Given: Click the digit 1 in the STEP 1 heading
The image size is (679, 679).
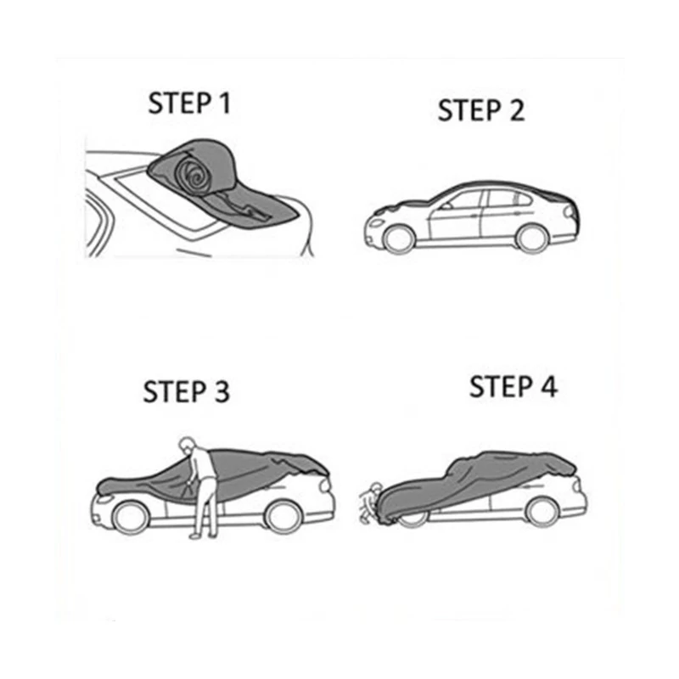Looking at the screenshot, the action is [224, 103].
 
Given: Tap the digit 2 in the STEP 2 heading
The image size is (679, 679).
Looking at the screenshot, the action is [517, 110].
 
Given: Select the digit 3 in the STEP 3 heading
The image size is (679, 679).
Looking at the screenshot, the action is [222, 391].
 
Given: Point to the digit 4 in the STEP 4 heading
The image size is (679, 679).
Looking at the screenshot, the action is [549, 387].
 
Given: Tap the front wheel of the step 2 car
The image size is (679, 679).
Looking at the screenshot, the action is [398, 240].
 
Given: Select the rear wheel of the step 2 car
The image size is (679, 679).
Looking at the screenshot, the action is [532, 238].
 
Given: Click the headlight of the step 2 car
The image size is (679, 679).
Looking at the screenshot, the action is [375, 223].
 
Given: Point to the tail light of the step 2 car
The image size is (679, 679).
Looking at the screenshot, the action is [570, 213].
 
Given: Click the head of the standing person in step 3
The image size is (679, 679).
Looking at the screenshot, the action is [187, 445].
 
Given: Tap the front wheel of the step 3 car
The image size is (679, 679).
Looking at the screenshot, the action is [131, 518].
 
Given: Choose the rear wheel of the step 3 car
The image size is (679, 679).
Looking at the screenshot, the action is [283, 516].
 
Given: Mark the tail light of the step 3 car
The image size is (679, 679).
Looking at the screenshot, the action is [325, 485].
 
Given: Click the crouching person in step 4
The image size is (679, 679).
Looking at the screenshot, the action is [370, 502].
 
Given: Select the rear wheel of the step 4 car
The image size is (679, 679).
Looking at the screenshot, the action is [542, 512].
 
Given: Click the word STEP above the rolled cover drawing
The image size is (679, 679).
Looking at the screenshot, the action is [180, 103].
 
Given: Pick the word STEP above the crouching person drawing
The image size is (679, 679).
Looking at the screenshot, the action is [501, 387].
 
